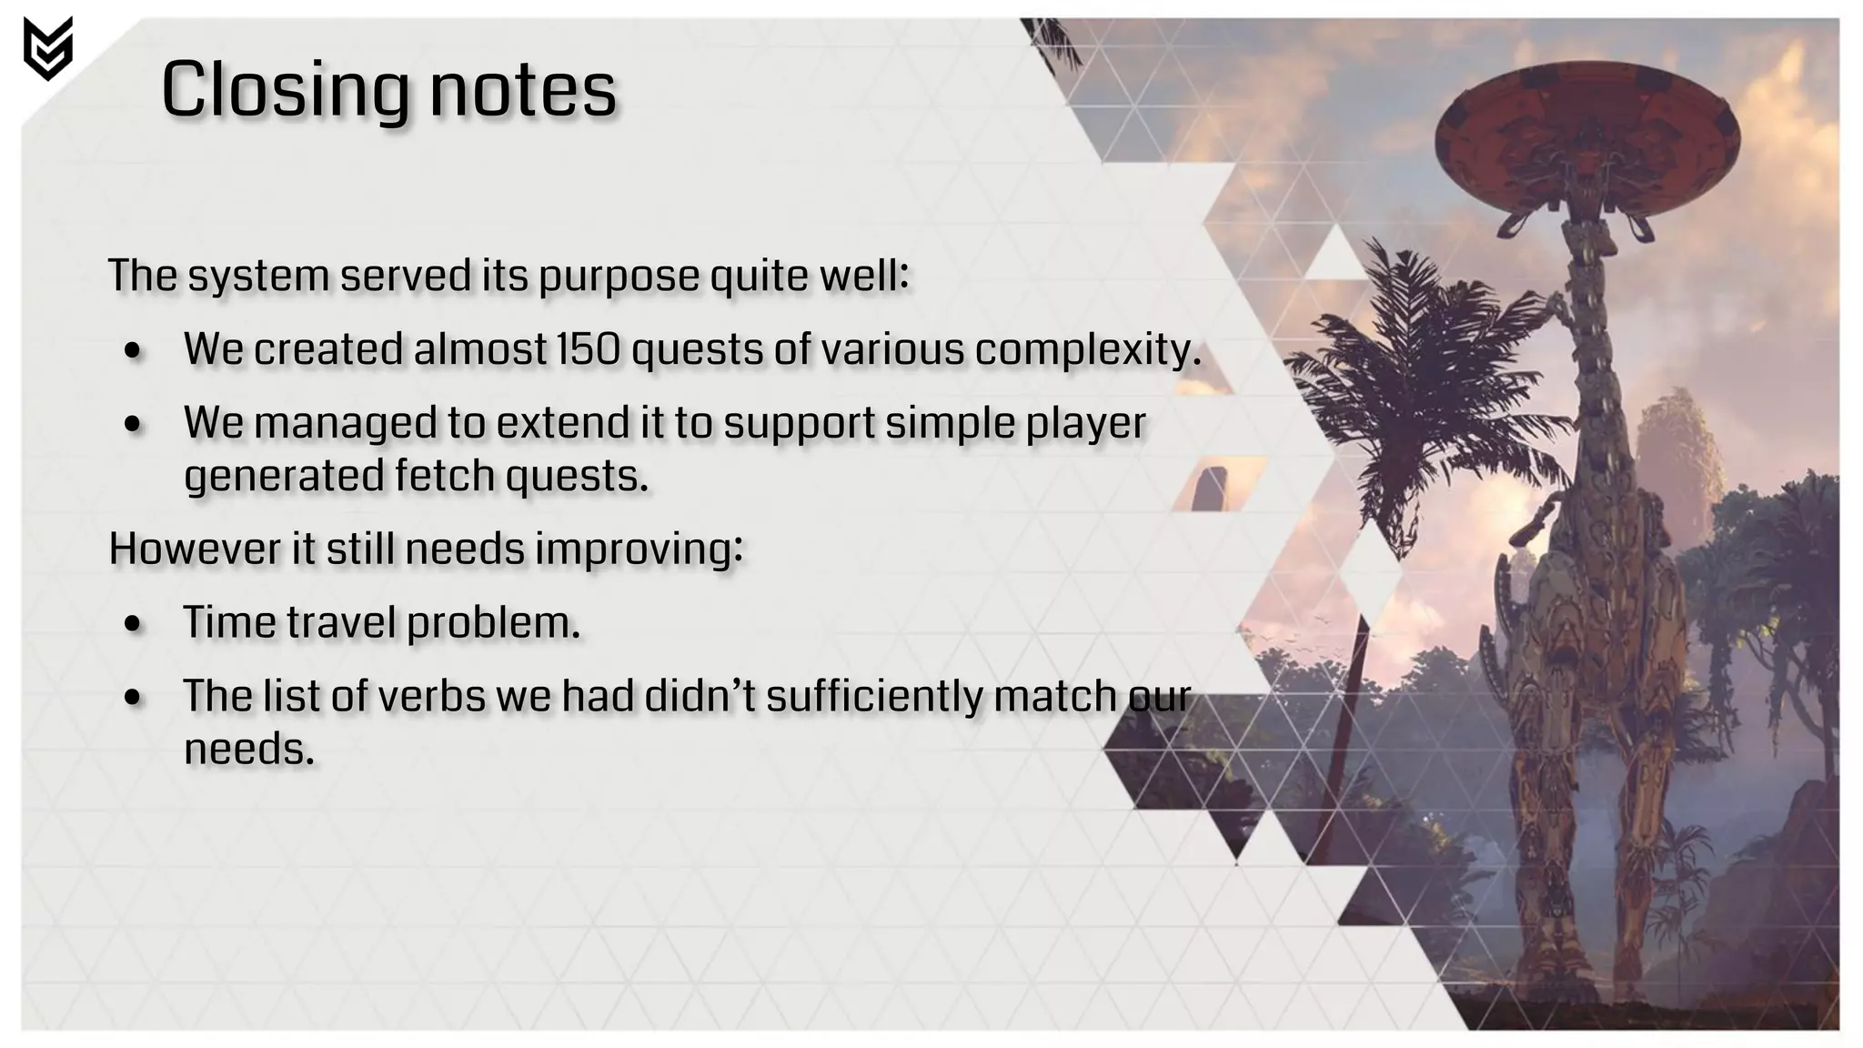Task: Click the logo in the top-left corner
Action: coord(48,48)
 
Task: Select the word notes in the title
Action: coord(523,91)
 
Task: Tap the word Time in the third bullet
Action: coord(229,623)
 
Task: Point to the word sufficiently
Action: coord(874,698)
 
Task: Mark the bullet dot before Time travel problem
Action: coord(134,625)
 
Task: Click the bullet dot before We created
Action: coord(134,351)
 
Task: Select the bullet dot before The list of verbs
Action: coord(134,699)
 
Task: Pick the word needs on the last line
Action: coord(248,751)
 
